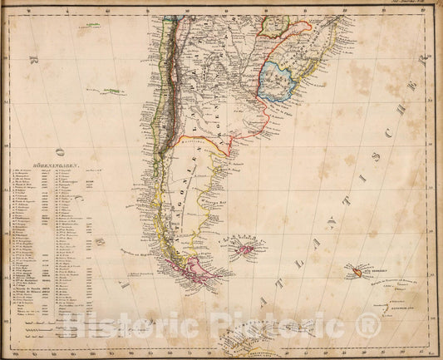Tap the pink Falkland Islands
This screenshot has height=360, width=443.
245,248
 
